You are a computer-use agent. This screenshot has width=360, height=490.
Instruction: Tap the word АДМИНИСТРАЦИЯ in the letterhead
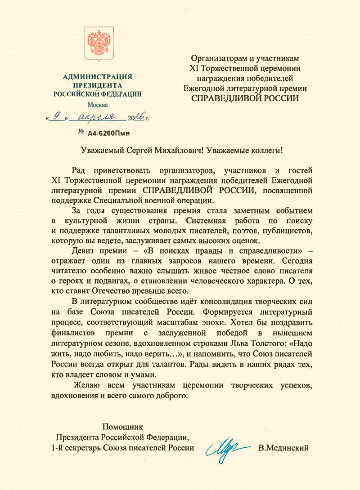click(x=97, y=77)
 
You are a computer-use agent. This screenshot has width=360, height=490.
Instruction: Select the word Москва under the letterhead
click(x=97, y=105)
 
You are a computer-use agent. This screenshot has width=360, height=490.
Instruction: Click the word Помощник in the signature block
click(x=122, y=426)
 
